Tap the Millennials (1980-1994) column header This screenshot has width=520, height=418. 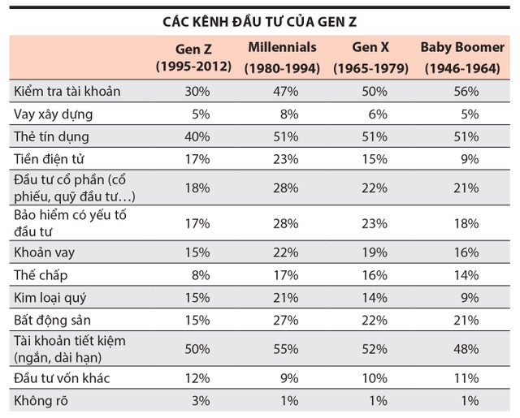pyautogui.click(x=283, y=57)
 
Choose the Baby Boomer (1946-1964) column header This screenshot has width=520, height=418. pyautogui.click(x=462, y=57)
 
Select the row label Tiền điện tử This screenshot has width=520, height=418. pyautogui.click(x=50, y=160)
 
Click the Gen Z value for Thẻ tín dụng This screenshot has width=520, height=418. pyautogui.click(x=216, y=137)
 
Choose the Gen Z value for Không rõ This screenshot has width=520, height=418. pyautogui.click(x=219, y=401)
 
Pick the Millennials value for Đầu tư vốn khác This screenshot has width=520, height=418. pyautogui.click(x=308, y=378)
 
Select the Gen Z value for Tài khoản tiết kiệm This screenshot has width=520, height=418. pyautogui.click(x=216, y=345)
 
